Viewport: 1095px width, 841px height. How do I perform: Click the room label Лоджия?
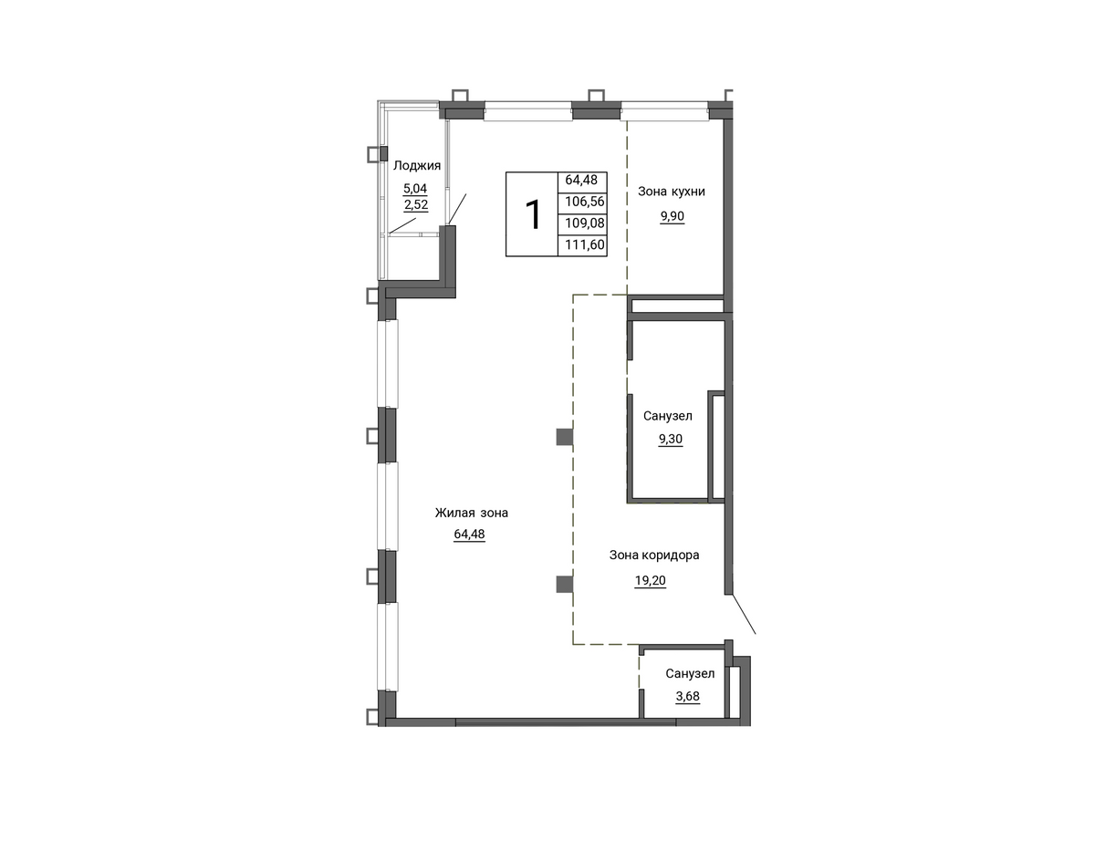pos(417,166)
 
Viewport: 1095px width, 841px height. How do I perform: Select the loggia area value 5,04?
pos(415,188)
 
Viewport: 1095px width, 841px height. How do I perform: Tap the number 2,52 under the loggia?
pos(416,204)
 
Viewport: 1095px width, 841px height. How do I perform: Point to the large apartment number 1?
pos(533,215)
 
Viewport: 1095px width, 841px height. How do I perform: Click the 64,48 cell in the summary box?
pos(581,180)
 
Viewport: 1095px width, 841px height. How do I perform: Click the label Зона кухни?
pos(672,192)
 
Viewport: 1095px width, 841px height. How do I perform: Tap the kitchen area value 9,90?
pos(673,216)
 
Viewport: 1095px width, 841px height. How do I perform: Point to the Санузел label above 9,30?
pos(668,416)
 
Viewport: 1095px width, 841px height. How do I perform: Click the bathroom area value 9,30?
pos(671,439)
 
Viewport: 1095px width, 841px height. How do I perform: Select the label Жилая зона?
pos(472,513)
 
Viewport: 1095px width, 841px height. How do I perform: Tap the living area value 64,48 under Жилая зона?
pos(469,534)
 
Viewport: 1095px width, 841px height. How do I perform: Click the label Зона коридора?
pos(654,555)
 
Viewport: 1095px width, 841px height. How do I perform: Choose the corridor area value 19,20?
pos(650,581)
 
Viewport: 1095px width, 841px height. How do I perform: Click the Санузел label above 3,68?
pos(690,674)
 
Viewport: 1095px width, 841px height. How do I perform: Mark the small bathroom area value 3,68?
pos(688,697)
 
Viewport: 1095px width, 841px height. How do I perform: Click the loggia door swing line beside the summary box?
pos(457,209)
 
